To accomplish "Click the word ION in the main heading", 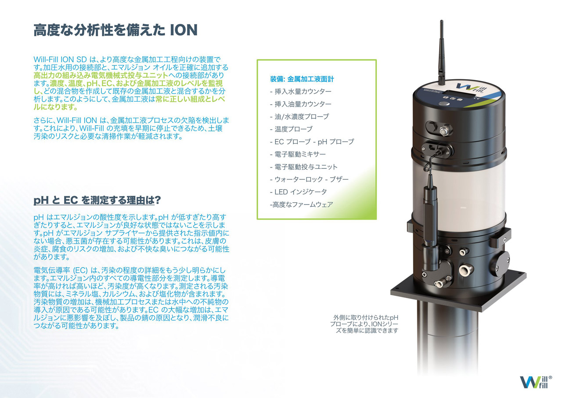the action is click(x=184, y=30).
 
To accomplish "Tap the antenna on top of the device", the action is click(x=442, y=53).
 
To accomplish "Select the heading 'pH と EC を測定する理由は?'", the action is click(x=97, y=200).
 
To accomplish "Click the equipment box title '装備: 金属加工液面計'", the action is click(x=302, y=79).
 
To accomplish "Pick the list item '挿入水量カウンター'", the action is click(x=301, y=91).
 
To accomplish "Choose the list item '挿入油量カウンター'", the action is click(x=301, y=104).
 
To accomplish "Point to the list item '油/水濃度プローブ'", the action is click(x=299, y=117).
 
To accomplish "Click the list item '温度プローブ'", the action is click(x=291, y=129).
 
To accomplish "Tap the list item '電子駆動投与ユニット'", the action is click(x=304, y=167).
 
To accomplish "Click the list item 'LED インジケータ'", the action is click(x=298, y=192).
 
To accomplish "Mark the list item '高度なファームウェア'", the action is click(x=302, y=204).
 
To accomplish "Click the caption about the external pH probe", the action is click(x=364, y=324).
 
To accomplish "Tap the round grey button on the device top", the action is click(x=444, y=103).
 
